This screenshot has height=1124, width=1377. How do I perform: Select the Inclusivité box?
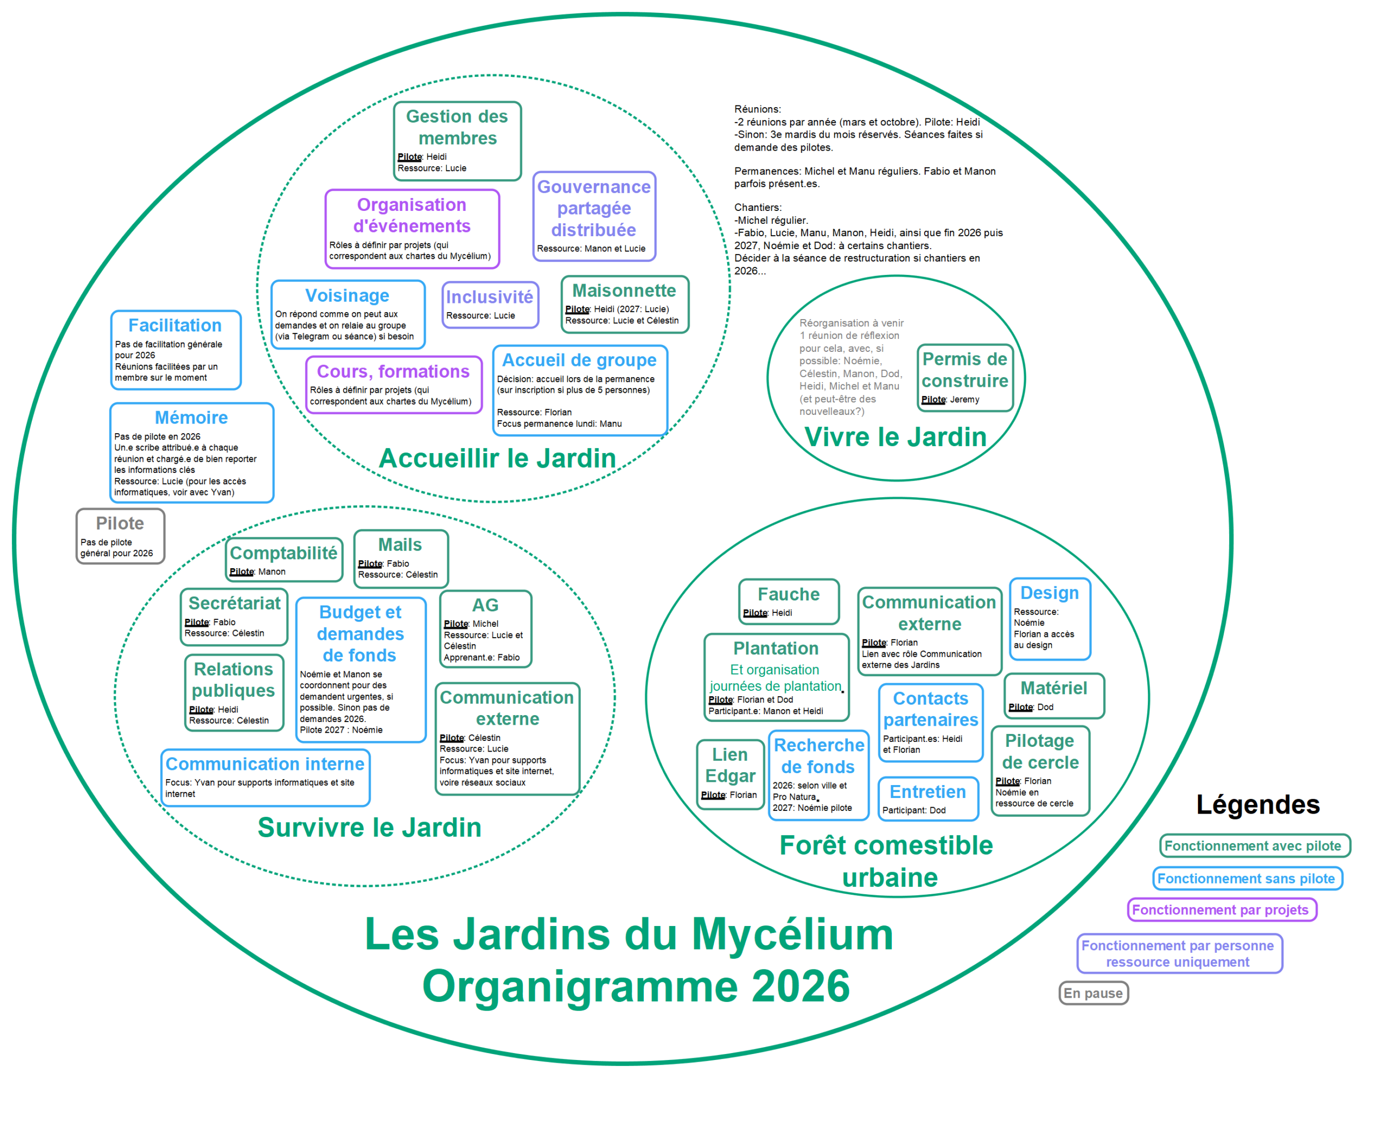click(x=490, y=305)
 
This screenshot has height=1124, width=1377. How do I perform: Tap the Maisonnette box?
click(x=624, y=305)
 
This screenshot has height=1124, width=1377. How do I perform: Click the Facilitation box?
click(x=175, y=350)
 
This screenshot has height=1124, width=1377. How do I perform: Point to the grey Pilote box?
click(x=120, y=536)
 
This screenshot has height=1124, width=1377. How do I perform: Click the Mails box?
click(x=401, y=558)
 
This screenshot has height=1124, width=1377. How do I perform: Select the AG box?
click(x=485, y=628)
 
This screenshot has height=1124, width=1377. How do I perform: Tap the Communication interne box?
click(x=265, y=777)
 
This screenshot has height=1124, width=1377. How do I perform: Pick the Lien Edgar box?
click(x=730, y=774)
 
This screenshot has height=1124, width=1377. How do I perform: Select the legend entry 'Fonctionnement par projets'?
click(x=1221, y=910)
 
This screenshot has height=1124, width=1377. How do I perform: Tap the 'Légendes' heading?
click(x=1257, y=805)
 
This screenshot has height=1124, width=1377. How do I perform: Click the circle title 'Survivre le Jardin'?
click(x=370, y=828)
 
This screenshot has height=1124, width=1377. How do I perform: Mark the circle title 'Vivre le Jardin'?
click(x=895, y=437)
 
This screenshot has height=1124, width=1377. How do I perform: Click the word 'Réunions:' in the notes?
click(x=758, y=109)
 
